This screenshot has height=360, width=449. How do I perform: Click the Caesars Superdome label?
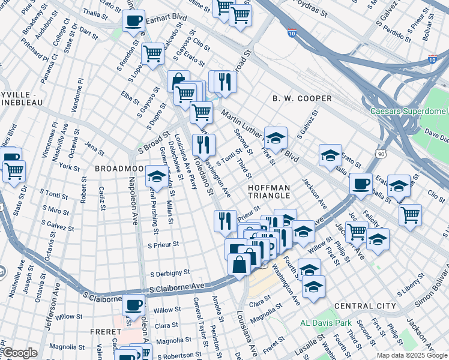tap(408, 111)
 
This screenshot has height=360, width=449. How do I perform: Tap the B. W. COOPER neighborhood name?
tap(302, 98)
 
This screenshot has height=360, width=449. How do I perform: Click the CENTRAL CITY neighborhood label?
tap(365, 306)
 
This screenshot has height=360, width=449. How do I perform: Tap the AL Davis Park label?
tap(326, 323)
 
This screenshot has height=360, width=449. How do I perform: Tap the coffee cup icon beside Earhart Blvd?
tap(133, 20)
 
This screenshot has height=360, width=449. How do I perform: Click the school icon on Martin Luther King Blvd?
tap(276, 138)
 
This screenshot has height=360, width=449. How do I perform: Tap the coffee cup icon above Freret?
tap(133, 304)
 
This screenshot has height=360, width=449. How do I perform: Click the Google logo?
tap(19, 353)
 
